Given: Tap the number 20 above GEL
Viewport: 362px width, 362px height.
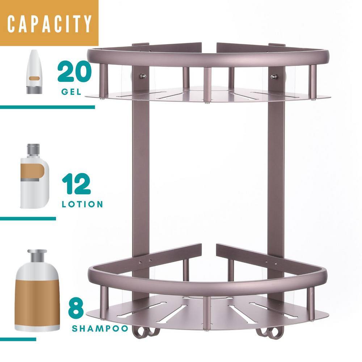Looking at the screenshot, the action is click(75, 72).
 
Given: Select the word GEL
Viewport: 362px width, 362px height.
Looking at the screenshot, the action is click(71, 92).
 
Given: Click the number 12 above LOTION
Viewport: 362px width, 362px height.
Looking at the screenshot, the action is click(76, 184).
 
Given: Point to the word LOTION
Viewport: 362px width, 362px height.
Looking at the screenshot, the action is click(83, 204).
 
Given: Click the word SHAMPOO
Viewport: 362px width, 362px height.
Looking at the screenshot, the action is click(100, 328).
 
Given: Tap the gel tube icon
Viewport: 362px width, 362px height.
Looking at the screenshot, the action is click(34, 72).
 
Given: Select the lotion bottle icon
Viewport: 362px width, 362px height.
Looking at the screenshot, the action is click(35, 176).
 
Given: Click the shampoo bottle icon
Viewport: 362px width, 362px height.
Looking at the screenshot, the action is click(37, 290).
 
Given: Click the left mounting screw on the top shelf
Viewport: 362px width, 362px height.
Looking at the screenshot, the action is click(143, 76).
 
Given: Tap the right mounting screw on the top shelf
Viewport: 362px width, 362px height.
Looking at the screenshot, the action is click(274, 77).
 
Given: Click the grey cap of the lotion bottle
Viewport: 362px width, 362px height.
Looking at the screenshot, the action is click(33, 151).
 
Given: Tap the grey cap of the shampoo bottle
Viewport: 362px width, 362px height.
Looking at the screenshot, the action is click(37, 256).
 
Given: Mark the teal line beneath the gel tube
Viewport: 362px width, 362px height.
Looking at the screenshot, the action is click(47, 107).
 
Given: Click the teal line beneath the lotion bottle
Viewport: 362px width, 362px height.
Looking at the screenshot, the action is click(28, 218).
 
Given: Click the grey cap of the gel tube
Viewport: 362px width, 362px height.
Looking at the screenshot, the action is click(34, 90).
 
